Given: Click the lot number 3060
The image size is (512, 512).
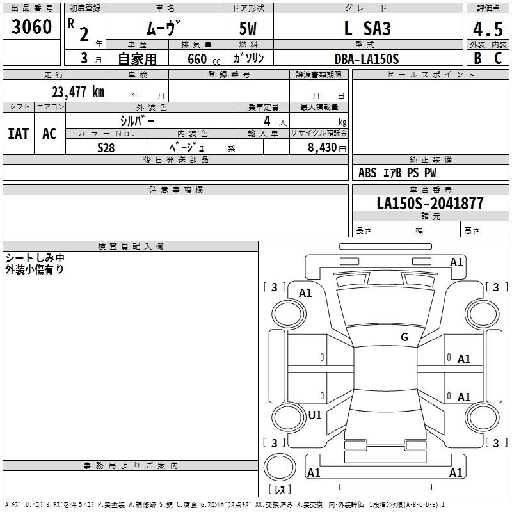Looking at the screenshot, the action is (31, 27).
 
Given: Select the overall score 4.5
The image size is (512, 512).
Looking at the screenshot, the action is (488, 29).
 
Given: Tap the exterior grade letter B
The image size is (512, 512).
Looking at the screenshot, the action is (477, 58).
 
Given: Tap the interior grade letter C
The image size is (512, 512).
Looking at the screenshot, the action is (498, 58).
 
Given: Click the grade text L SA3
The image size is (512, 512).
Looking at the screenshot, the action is (367, 28).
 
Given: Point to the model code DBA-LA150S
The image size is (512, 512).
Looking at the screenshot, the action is (367, 59).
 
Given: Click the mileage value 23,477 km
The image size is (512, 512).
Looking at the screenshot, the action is (77, 92).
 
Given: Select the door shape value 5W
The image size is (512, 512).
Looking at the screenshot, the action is (248, 28).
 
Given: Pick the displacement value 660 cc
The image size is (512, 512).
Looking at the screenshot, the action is (204, 60).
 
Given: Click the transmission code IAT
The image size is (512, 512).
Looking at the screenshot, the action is (19, 134).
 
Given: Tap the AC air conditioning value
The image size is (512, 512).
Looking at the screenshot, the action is (49, 134).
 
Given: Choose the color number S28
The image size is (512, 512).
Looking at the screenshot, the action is (106, 148).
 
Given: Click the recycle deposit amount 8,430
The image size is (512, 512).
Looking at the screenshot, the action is (323, 148).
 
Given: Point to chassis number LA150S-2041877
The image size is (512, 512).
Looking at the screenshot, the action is (430, 204).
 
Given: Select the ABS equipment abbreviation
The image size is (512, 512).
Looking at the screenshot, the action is (367, 173).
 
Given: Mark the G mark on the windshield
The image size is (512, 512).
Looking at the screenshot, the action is (404, 337).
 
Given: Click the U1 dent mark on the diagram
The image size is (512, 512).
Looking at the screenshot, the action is (315, 415).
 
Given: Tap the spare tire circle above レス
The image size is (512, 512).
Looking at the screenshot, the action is (280, 467).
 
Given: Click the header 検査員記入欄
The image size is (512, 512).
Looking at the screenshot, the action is (131, 246).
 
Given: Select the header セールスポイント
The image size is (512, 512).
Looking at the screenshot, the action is (430, 74).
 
